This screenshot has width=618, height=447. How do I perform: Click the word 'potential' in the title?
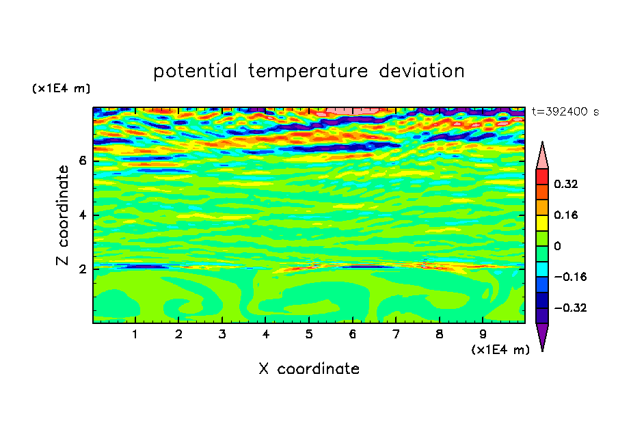pyautogui.click(x=195, y=71)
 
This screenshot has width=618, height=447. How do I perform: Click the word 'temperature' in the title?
pyautogui.click(x=308, y=71)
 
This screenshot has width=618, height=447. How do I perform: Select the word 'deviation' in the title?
pyautogui.click(x=422, y=70)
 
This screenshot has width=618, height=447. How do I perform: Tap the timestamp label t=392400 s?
pyautogui.click(x=565, y=111)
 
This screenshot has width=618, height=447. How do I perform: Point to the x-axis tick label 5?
pyautogui.click(x=309, y=334)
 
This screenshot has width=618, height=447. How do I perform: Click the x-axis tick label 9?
pyautogui.click(x=483, y=334)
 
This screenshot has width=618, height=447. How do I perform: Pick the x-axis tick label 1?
pyautogui.click(x=135, y=334)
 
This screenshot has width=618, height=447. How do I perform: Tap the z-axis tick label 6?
pyautogui.click(x=82, y=161)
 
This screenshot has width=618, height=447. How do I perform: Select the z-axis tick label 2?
pyautogui.click(x=82, y=269)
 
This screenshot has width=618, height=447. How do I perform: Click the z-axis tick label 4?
pyautogui.click(x=82, y=215)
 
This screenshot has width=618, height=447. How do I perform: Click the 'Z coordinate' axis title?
pyautogui.click(x=62, y=215)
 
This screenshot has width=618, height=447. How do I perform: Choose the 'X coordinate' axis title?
pyautogui.click(x=309, y=368)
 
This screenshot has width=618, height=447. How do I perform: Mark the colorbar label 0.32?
pyautogui.click(x=566, y=184)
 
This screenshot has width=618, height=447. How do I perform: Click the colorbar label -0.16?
pyautogui.click(x=570, y=277)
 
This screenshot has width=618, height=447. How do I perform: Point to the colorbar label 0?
pyautogui.click(x=557, y=246)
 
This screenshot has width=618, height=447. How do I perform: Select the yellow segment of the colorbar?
pyautogui.click(x=542, y=223)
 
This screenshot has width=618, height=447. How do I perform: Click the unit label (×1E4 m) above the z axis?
pyautogui.click(x=61, y=88)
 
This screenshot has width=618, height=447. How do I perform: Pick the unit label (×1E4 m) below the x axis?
pyautogui.click(x=500, y=350)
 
